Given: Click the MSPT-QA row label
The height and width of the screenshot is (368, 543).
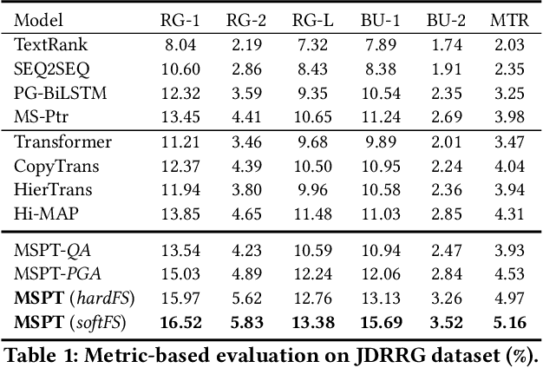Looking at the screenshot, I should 49,250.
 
